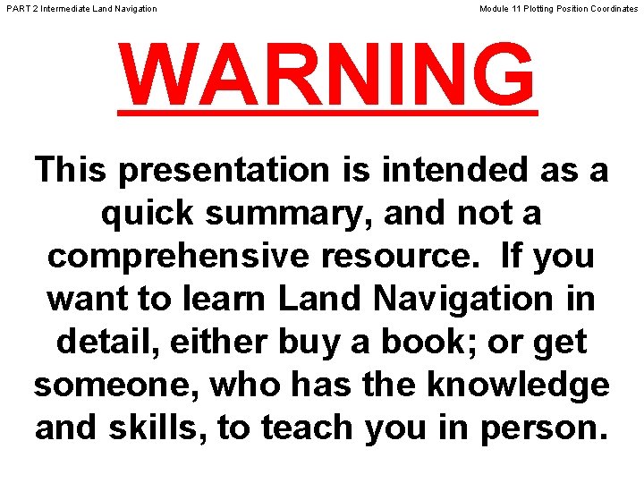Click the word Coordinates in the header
pos(612,9)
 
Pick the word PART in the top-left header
pos(17,9)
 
